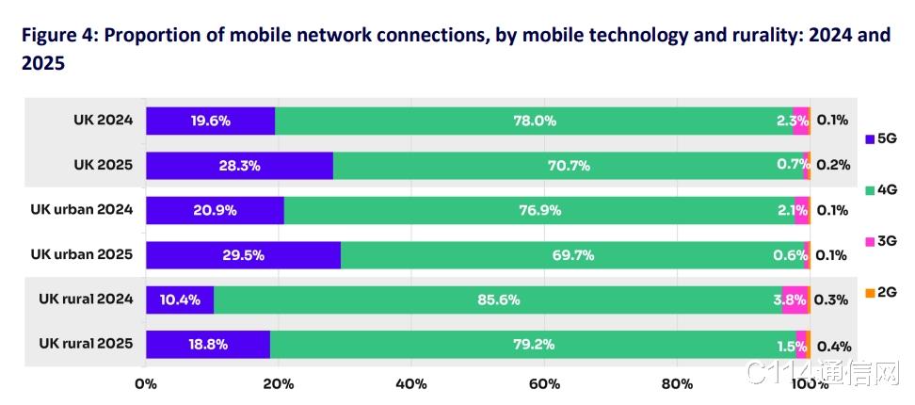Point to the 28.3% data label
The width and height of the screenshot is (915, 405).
[x=239, y=166]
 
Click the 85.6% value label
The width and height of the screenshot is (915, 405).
[x=498, y=300]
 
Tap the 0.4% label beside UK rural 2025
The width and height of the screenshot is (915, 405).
[x=833, y=345]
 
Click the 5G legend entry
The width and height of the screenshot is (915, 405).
[x=881, y=138]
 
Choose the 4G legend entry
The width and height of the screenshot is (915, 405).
[x=881, y=190]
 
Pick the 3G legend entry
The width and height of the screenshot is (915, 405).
[x=881, y=242]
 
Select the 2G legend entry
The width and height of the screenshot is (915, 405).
[x=881, y=293]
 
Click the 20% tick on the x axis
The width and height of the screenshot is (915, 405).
[x=279, y=383]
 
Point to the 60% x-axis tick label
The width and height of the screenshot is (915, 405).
[x=544, y=383]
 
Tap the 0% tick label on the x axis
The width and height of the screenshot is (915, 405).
[x=146, y=383]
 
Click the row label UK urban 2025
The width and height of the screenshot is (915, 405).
[x=81, y=254]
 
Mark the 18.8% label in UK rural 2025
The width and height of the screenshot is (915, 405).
[x=208, y=345]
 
